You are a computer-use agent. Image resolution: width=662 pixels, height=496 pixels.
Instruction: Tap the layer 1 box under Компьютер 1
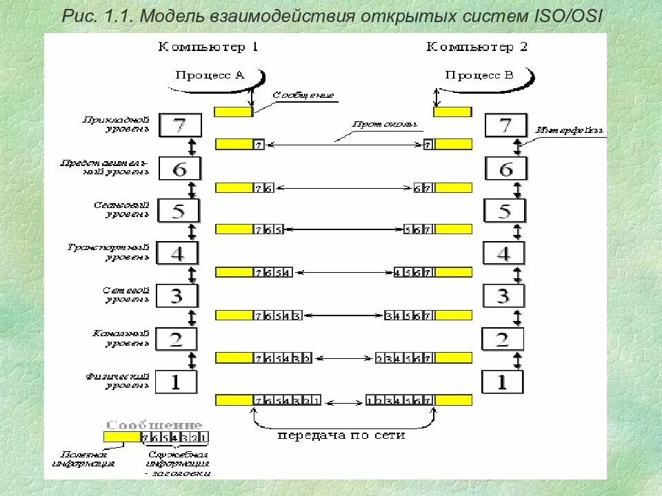176,382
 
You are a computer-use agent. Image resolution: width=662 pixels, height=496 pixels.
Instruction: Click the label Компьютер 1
208,48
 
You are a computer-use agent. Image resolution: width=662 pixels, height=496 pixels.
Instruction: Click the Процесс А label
210,75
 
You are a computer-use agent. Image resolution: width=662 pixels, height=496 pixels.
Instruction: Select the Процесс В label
478,75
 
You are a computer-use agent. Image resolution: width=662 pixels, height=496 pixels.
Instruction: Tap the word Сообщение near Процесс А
303,95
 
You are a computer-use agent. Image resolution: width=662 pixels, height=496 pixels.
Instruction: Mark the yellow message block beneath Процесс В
452,112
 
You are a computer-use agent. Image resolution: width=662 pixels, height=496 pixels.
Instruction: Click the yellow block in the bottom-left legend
121,437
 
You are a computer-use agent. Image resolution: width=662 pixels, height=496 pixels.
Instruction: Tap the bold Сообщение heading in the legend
154,425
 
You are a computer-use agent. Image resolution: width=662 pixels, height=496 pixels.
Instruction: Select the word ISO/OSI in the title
570,16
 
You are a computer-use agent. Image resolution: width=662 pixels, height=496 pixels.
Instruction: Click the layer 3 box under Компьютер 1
177,296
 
